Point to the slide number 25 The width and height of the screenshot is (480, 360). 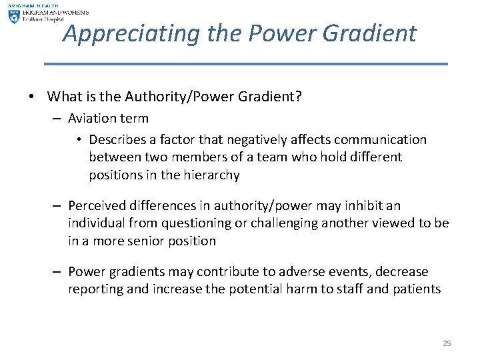pyautogui.click(x=447, y=343)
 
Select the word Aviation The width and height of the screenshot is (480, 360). pyautogui.click(x=90, y=119)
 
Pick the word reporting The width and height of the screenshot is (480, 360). pyautogui.click(x=93, y=289)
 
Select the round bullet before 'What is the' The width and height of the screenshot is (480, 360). pyautogui.click(x=31, y=97)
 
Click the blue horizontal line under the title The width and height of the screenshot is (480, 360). pyautogui.click(x=245, y=64)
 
